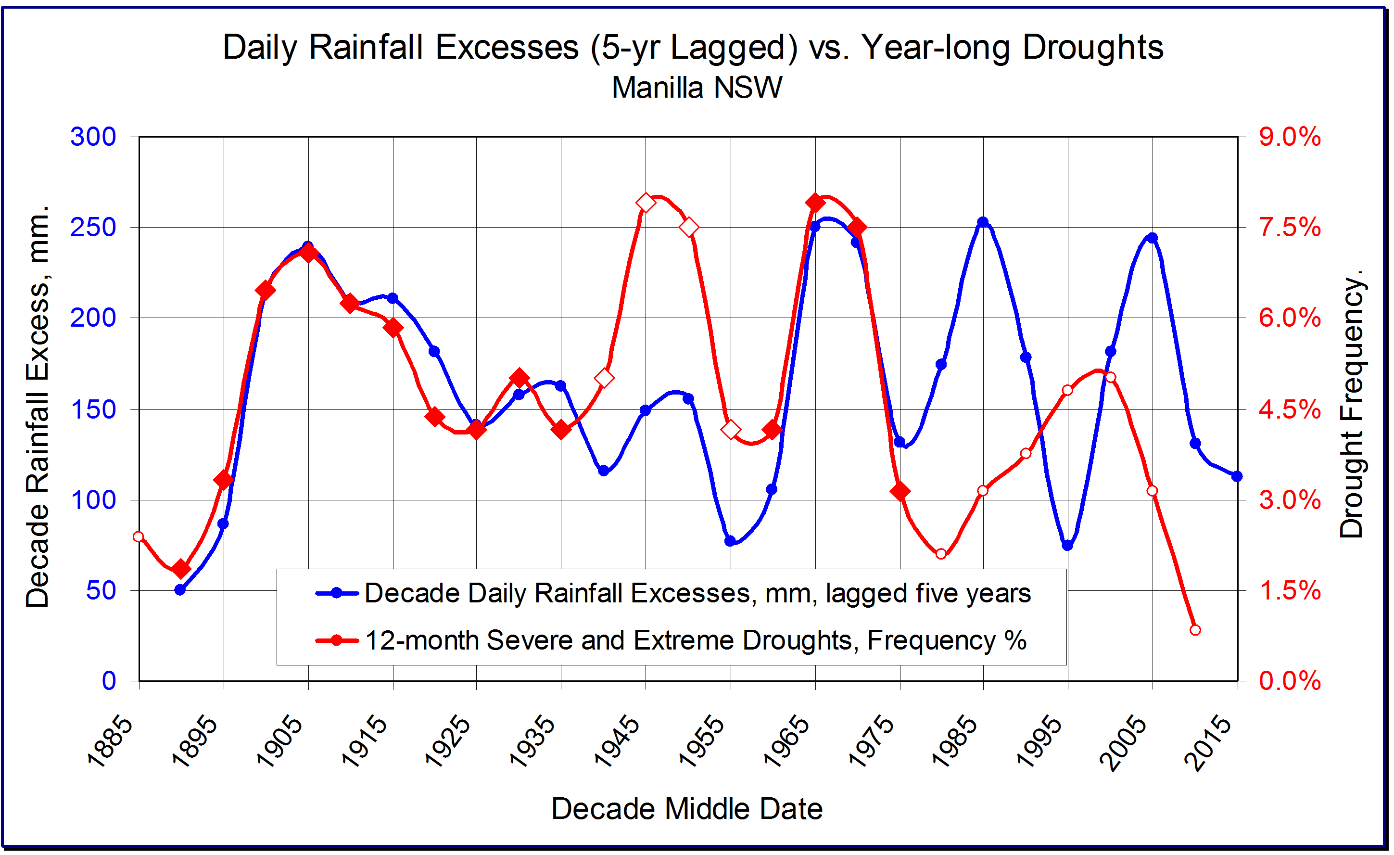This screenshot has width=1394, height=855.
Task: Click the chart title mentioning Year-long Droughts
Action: (693, 47)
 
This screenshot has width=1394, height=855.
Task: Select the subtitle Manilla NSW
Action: (697, 88)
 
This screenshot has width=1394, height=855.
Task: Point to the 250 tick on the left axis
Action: (93, 228)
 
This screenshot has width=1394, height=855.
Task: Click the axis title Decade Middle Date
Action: (687, 809)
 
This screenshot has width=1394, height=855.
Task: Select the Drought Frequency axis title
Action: (1353, 405)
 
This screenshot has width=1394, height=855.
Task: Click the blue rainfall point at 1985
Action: (983, 222)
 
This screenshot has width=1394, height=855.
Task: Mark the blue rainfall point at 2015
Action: (1237, 476)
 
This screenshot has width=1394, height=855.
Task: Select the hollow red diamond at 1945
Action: (646, 203)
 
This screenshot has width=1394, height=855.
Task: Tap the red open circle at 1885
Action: (139, 536)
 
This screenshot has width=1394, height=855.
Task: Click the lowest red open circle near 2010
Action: (1195, 630)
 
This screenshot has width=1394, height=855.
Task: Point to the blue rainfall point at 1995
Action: (1067, 546)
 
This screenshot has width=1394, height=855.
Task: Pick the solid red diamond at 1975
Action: (900, 491)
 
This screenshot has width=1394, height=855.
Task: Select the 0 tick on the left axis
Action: (109, 681)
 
